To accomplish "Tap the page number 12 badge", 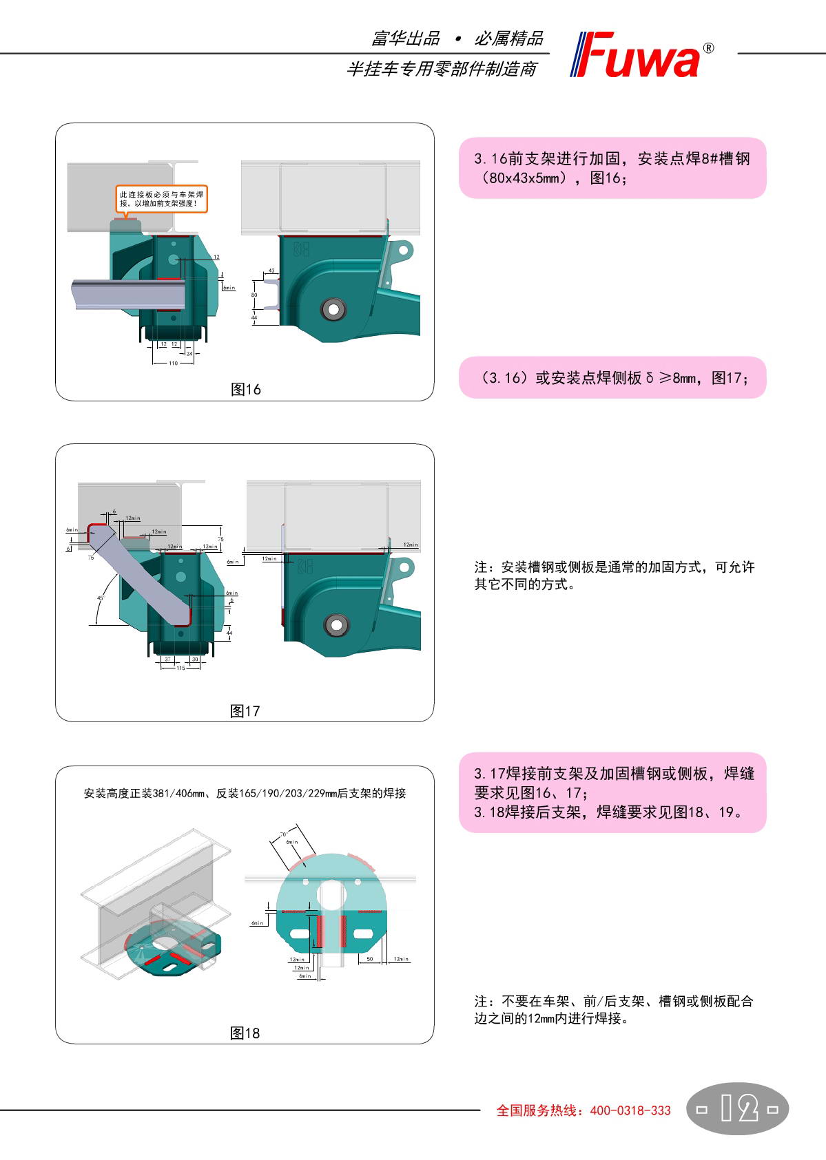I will click(x=737, y=1108).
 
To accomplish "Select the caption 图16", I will click(x=245, y=390).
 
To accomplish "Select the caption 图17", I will click(x=245, y=711).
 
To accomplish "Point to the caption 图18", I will click(x=245, y=1033).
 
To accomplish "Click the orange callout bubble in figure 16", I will click(x=161, y=199).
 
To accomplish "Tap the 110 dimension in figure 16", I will click(x=173, y=363).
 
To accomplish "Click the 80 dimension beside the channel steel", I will click(x=254, y=295).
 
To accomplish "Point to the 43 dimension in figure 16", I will click(x=271, y=271).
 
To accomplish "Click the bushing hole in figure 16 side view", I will click(x=333, y=309).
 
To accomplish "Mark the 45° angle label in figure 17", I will click(x=100, y=598).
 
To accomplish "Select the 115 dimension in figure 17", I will click(x=180, y=668).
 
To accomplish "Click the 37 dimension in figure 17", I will click(x=167, y=659).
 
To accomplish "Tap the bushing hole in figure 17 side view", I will click(x=337, y=625).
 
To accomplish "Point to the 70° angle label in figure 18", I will click(x=283, y=834).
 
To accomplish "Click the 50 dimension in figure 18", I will click(x=370, y=959).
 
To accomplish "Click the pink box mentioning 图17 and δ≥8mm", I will click(x=612, y=377).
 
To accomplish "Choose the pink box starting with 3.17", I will click(x=612, y=792).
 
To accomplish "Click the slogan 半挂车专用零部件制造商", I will click(x=441, y=69).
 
